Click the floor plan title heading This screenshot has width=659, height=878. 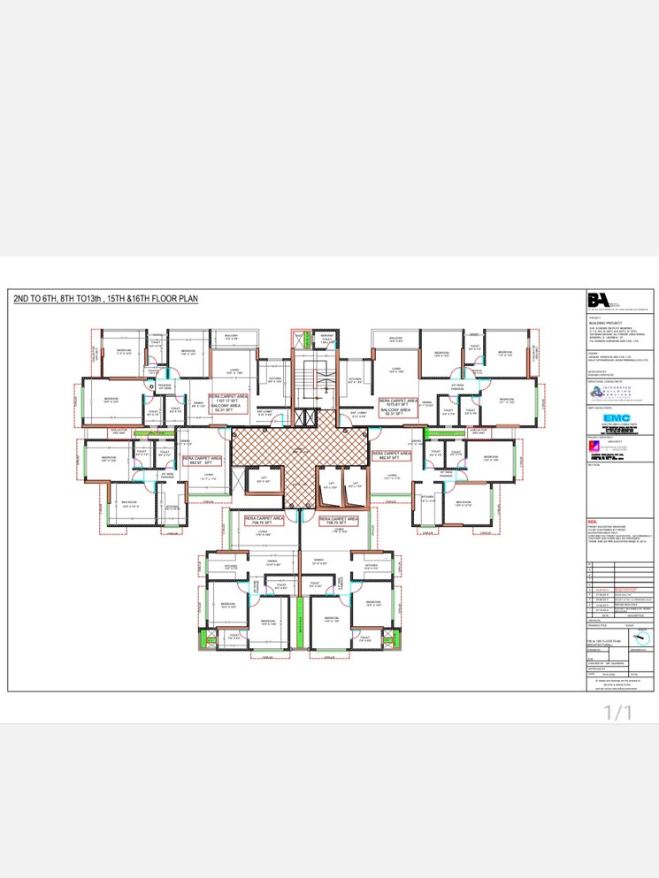click(106, 300)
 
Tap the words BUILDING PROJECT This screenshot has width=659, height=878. click(602, 324)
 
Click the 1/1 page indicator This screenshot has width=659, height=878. click(619, 712)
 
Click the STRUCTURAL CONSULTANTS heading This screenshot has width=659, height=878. click(604, 380)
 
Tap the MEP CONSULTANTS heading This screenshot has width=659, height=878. click(601, 408)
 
